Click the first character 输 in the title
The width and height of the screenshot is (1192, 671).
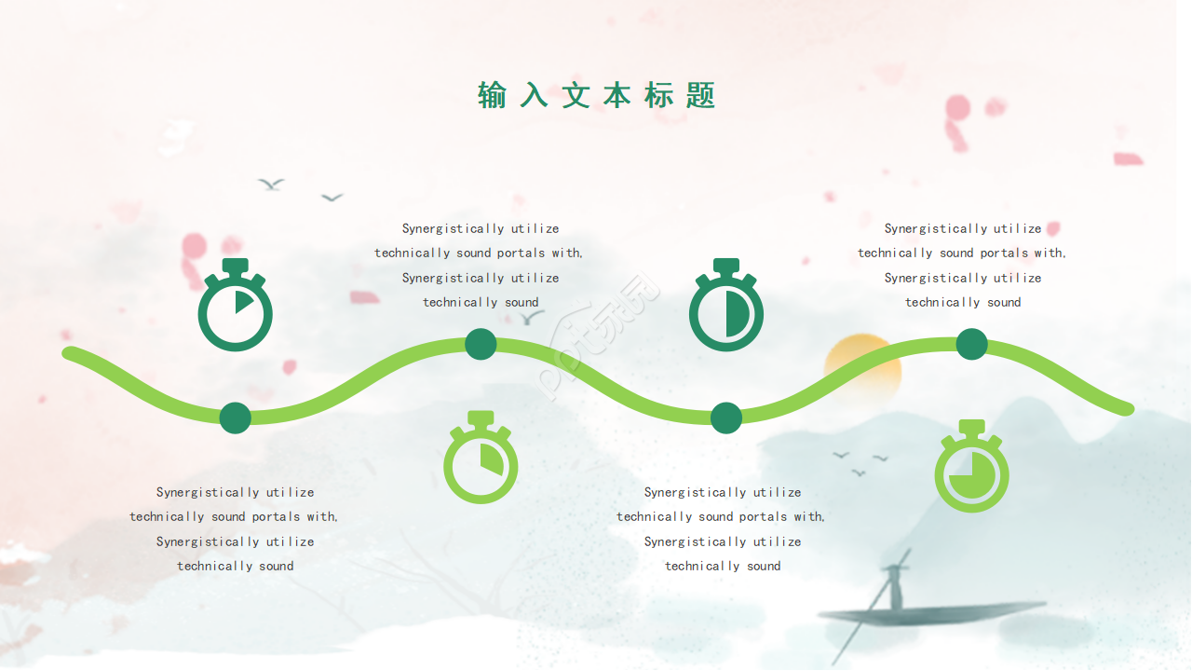[x=493, y=95]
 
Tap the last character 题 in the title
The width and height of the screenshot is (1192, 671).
[x=700, y=95]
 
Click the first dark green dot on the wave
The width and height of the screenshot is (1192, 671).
[x=236, y=418]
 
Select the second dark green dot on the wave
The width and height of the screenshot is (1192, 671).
[x=481, y=344]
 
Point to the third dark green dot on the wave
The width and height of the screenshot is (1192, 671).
[x=725, y=418]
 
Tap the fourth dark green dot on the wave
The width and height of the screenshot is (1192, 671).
[x=971, y=344]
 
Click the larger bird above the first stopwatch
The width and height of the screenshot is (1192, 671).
[x=271, y=185]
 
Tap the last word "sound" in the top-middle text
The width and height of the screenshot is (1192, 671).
[x=521, y=302]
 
